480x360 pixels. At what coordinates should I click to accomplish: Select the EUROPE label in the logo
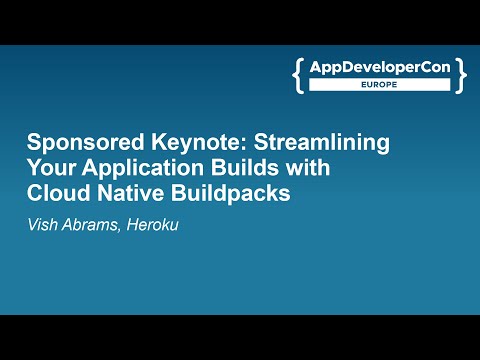381,87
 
